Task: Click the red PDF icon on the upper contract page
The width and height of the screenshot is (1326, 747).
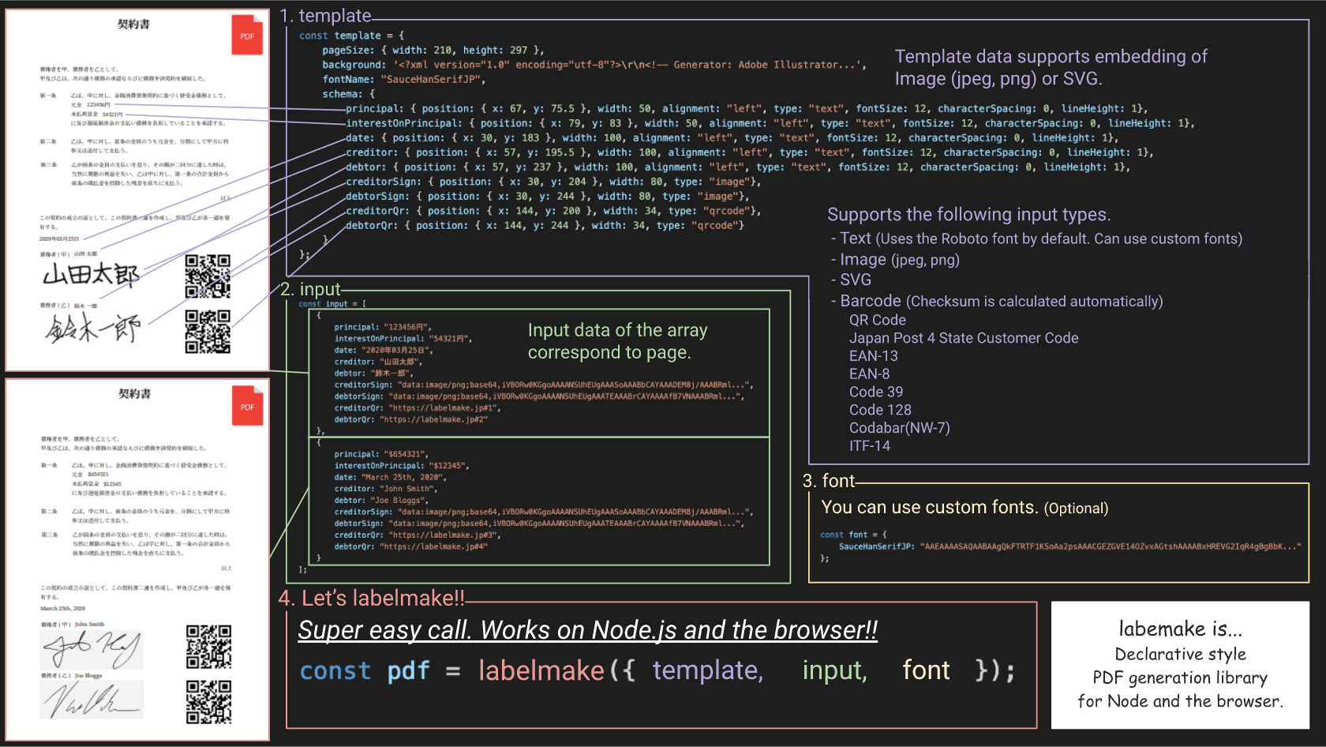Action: point(246,35)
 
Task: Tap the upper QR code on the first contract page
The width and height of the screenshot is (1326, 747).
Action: point(208,276)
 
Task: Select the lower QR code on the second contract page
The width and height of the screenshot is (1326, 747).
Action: point(208,702)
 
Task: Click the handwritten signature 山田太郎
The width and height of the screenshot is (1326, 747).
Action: point(91,275)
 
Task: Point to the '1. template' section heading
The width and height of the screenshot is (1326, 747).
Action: point(325,16)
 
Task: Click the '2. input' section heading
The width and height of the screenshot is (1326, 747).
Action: point(311,289)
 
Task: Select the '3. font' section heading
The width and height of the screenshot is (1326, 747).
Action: point(829,481)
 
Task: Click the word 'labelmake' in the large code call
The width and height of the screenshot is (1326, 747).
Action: point(541,670)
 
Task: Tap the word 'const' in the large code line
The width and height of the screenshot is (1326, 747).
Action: point(335,670)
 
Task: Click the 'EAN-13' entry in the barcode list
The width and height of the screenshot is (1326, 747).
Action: point(873,356)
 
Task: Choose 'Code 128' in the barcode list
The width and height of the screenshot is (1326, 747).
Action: point(880,410)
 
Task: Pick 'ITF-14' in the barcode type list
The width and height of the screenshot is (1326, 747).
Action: point(869,446)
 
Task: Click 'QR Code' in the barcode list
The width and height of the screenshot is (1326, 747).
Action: point(877,320)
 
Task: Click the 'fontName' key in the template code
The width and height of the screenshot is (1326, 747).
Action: point(348,79)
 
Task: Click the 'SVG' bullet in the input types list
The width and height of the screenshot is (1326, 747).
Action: point(855,280)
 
